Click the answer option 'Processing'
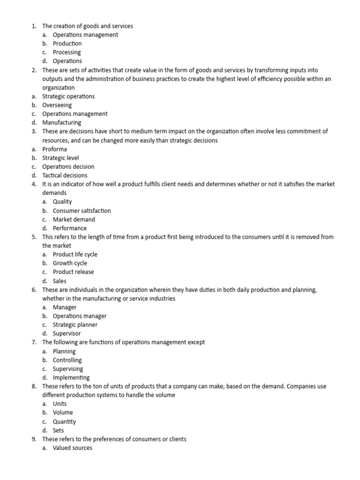[67, 52]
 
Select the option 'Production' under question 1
[67, 44]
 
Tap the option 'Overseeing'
[57, 105]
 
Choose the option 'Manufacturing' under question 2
[61, 122]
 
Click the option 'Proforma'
[54, 149]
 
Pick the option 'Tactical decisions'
[65, 175]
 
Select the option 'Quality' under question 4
[62, 202]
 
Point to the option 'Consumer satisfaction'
[82, 210]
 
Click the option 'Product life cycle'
[75, 255]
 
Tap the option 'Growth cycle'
[70, 263]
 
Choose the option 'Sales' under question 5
[60, 281]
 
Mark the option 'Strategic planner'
[75, 325]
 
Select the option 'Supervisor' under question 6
[67, 334]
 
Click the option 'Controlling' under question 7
[67, 360]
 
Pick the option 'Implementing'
[71, 378]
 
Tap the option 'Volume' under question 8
[63, 413]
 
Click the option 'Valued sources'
[72, 448]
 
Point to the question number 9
[34, 439]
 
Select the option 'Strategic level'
[60, 158]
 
